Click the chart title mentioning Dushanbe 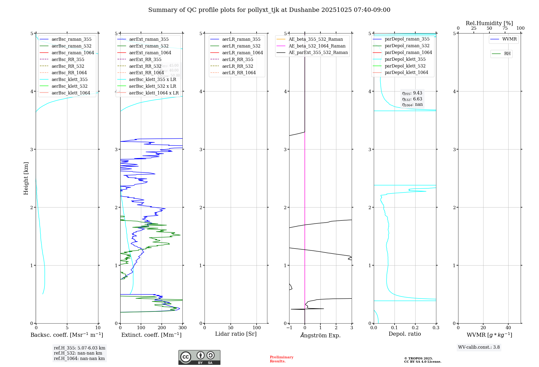coord(269,10)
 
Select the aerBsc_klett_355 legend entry coord(70,79)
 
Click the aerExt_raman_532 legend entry coord(149,46)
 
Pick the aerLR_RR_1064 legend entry coord(239,73)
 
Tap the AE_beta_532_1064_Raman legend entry coord(317,46)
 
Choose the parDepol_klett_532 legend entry coord(405,66)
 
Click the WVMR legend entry coord(509,39)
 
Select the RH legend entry coord(507,54)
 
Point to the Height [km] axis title coord(26,178)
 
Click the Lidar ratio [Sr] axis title coord(236,334)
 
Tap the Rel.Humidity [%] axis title coord(489,23)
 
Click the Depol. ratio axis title coord(405,334)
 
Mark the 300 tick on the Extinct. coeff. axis coord(182,328)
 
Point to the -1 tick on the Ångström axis coord(289,328)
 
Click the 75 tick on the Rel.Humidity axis coord(505,28)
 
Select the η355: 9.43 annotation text coord(412,93)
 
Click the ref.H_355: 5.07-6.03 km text coord(80,348)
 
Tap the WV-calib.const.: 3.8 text coord(479,347)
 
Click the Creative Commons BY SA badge coord(199,357)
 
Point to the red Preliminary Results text coord(281,359)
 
